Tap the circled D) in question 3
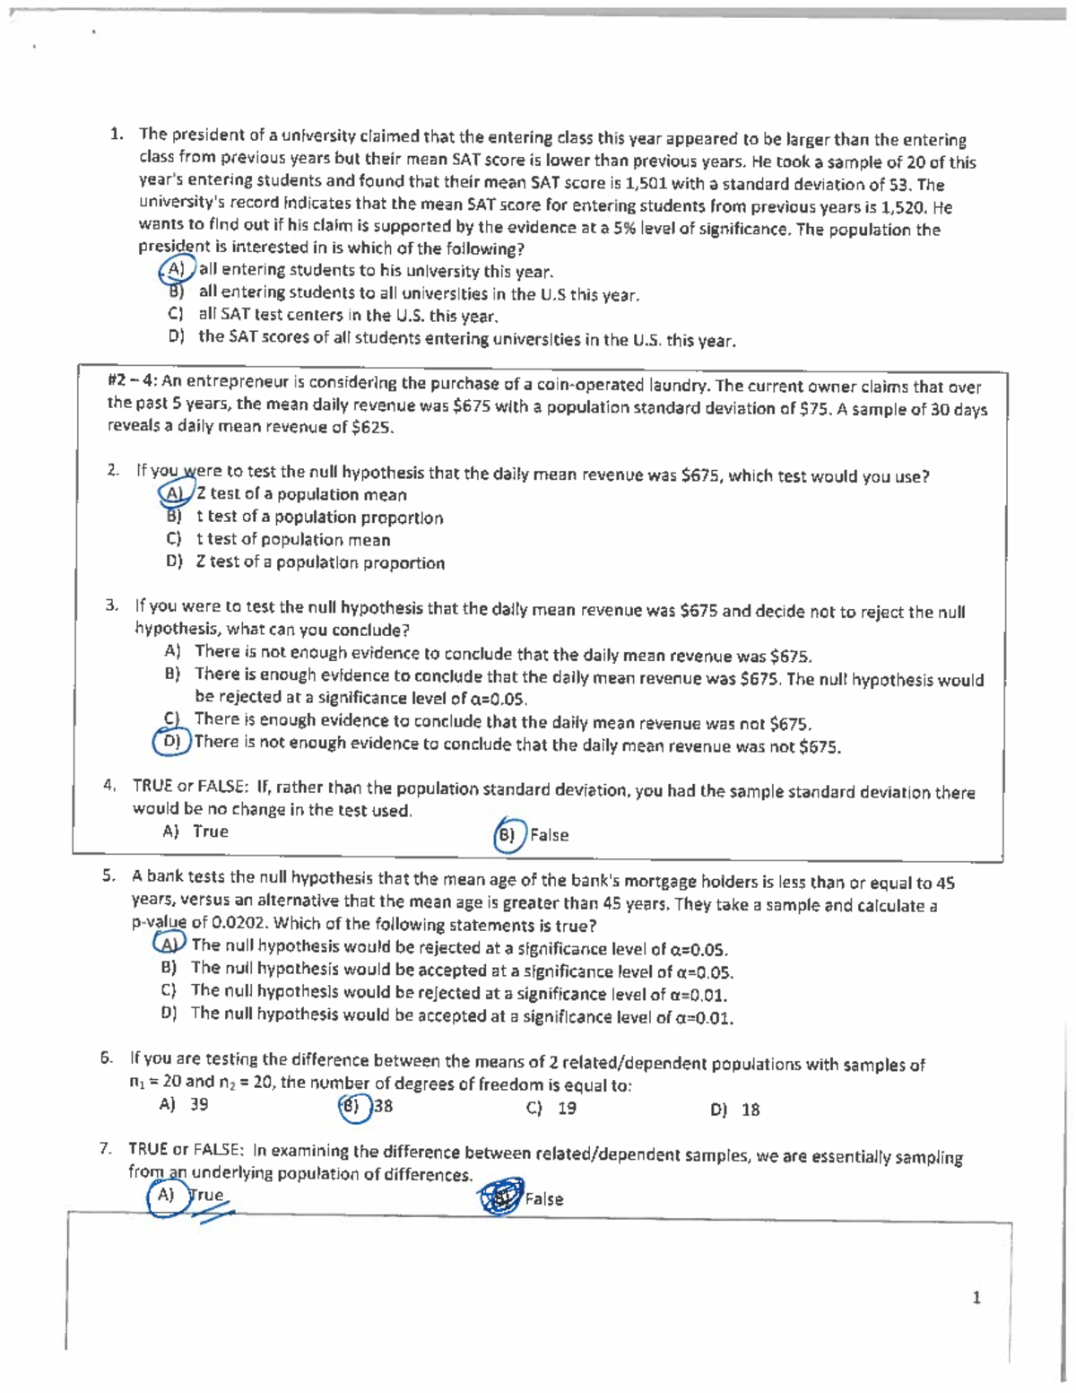click(x=170, y=742)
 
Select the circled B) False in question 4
click(x=508, y=835)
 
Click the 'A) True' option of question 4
click(x=195, y=831)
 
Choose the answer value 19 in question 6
click(x=567, y=1109)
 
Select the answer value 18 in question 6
click(x=751, y=1110)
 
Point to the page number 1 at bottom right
click(x=976, y=1297)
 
